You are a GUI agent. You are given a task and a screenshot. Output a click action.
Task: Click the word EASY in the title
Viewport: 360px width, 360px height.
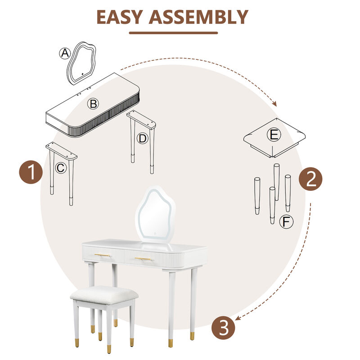pos(120,17)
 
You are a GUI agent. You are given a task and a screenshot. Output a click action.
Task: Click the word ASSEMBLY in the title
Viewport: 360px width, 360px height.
pos(198,17)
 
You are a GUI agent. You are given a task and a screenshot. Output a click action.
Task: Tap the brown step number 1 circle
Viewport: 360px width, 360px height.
pos(31,172)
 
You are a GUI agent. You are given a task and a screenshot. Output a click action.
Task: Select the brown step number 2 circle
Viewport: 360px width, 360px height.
pos(310,179)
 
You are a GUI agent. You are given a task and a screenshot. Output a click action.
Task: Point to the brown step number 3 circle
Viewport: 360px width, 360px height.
pos(223,328)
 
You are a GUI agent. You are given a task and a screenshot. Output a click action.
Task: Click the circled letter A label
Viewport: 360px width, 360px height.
pos(65,53)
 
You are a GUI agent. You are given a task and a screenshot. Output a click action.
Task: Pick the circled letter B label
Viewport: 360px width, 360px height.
pos(93,103)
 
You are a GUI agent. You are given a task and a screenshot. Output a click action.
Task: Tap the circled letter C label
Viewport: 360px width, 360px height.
pos(61,168)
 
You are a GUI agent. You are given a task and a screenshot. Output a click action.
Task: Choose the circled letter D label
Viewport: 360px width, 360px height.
pos(142,139)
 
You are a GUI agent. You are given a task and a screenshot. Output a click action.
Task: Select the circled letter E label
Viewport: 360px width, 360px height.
pos(274,135)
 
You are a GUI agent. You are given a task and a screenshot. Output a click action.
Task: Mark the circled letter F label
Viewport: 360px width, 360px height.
pos(286,222)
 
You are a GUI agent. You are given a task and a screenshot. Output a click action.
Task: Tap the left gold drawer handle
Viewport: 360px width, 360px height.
pos(103,255)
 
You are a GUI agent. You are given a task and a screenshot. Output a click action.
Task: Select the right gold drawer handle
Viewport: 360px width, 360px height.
pos(143,259)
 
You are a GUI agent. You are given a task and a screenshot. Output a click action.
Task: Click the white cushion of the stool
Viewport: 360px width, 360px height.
pos(104,295)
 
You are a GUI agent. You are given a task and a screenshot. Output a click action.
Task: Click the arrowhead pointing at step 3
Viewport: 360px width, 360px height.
pos(238,318)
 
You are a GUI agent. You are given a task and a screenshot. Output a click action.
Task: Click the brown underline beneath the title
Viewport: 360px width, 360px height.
pos(173,33)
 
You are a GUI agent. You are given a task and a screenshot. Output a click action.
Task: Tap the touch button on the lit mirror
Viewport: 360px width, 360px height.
pos(155,234)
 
